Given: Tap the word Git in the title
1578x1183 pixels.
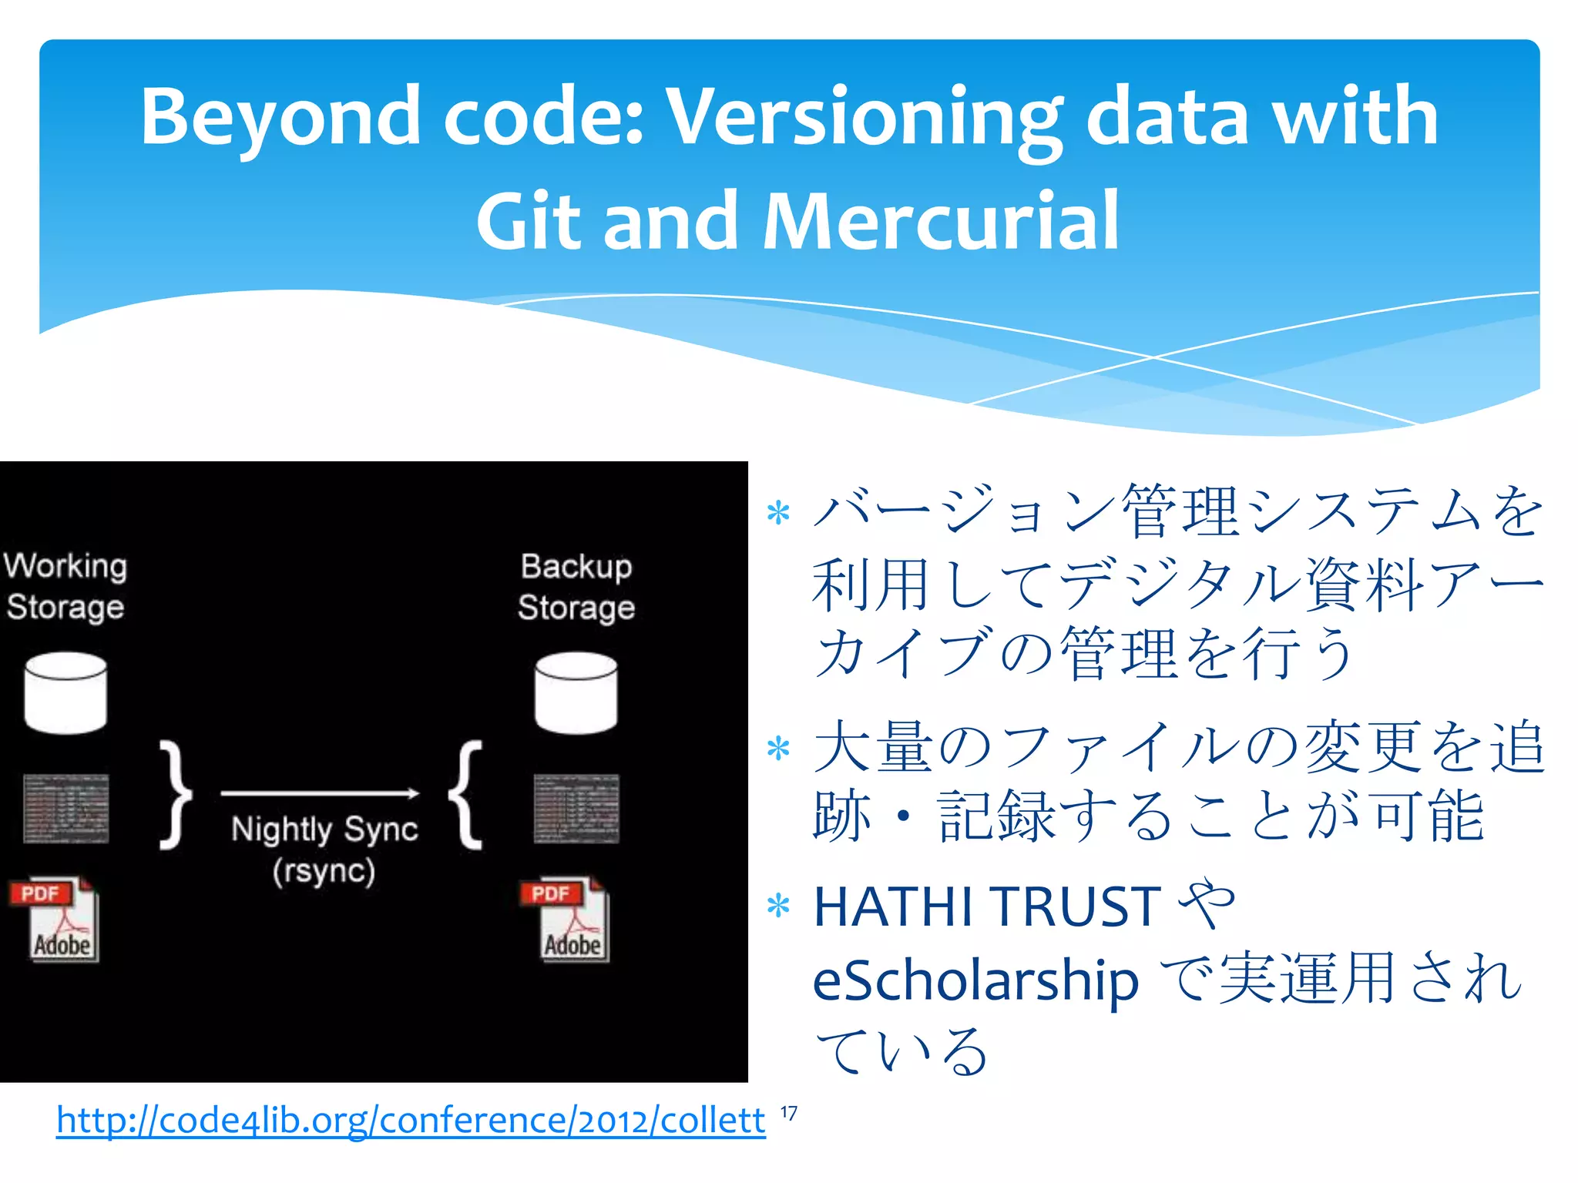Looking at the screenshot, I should [529, 222].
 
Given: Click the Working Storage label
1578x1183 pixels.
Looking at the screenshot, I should [65, 586].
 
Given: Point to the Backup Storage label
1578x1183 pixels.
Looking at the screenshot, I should [576, 586].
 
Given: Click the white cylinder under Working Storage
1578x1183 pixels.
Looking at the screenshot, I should [65, 692].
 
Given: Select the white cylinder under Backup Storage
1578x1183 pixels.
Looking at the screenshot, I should [576, 692].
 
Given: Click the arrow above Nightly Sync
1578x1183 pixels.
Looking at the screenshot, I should [320, 793].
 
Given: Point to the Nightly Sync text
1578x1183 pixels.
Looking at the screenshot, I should [324, 829].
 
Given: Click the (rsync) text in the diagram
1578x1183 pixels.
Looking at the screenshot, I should [324, 871].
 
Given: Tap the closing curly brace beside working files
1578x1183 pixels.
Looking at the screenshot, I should [176, 795].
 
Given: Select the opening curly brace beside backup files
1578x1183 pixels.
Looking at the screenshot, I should [466, 795].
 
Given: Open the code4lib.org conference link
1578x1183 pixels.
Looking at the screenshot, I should [411, 1120].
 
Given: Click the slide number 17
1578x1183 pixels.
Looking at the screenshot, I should [789, 1114].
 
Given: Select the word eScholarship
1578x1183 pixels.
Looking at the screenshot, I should [975, 980].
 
